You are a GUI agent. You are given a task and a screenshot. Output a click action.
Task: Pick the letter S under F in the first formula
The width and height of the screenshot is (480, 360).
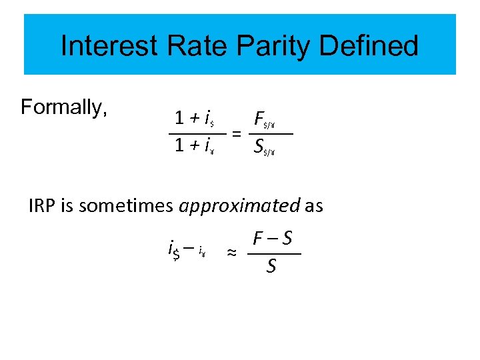(259, 148)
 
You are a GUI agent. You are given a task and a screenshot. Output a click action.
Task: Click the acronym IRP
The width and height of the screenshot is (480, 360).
(43, 206)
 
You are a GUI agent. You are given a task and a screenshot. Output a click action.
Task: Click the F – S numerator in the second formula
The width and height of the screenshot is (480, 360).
(273, 239)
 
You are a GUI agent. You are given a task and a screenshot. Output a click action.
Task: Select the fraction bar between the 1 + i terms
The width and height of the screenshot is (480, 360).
(198, 134)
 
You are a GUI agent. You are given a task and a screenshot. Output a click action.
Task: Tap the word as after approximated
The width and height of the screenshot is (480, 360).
(313, 206)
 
